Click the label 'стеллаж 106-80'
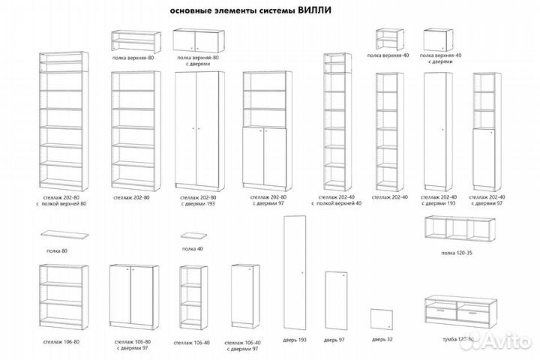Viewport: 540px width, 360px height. pos(61,341)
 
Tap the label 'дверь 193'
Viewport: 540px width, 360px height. pos(295,340)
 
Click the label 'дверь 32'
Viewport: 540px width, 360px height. pos(382,340)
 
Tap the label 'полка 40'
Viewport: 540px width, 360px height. pos(193,248)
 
